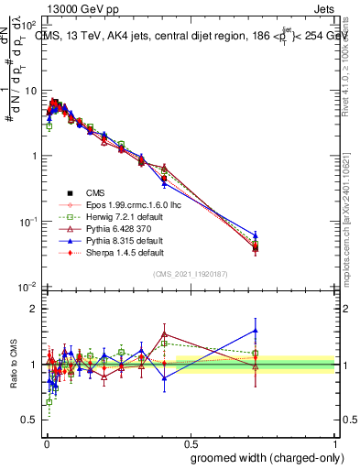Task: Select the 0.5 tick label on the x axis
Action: pos(191,441)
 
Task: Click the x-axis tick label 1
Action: pos(335,441)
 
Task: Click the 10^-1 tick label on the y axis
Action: pos(30,222)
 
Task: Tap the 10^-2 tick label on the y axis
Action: pos(30,288)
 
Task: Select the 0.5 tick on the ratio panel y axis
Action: pos(32,420)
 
